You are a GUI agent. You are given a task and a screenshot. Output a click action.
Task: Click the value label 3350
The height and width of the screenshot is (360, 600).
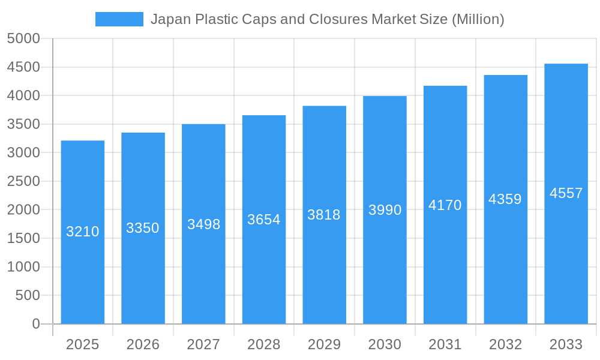click(x=143, y=228)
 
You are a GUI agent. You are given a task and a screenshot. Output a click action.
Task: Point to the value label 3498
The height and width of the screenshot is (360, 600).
click(x=204, y=224)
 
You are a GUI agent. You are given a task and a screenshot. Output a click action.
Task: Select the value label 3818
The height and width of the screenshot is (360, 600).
click(x=324, y=215)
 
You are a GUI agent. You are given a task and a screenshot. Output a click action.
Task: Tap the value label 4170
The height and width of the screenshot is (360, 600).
click(x=445, y=205)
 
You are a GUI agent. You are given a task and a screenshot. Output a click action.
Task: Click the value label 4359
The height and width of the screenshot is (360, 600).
click(x=505, y=199)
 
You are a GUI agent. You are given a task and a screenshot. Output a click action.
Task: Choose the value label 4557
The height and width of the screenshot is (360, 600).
click(x=566, y=193)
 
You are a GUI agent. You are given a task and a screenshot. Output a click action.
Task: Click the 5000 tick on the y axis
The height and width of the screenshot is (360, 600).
click(x=23, y=39)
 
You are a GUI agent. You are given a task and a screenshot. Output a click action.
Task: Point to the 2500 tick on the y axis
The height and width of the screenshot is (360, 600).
click(x=23, y=181)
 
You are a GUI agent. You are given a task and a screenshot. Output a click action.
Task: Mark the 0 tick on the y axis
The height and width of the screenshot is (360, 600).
click(x=36, y=324)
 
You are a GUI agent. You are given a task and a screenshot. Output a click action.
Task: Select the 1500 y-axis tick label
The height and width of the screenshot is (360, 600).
click(x=23, y=238)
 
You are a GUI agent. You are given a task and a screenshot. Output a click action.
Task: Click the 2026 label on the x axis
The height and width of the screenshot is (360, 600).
click(x=143, y=344)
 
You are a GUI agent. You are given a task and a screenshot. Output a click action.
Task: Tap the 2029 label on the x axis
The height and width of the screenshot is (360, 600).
click(x=324, y=344)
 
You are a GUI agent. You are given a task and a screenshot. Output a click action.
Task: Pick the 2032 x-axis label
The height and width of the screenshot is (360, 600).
click(x=505, y=344)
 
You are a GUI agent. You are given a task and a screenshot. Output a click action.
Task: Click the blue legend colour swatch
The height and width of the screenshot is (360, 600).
click(x=119, y=19)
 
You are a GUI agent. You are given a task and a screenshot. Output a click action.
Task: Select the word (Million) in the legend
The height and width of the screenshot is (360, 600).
click(x=478, y=19)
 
